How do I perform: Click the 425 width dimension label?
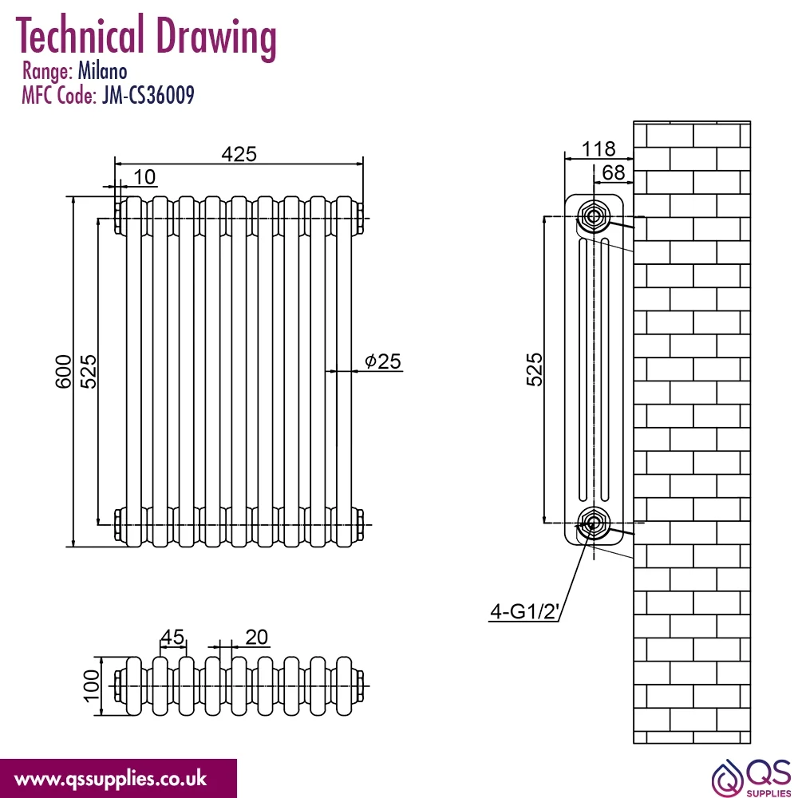[x=239, y=154]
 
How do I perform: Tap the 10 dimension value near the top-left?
[x=144, y=177]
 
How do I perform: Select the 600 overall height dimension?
[x=64, y=372]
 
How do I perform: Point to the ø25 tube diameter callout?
[x=383, y=361]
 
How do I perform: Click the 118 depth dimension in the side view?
[x=598, y=148]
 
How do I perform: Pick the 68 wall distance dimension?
[x=613, y=172]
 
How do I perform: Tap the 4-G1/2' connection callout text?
[x=524, y=610]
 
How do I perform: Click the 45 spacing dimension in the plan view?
[x=172, y=637]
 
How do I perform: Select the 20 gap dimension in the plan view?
[x=256, y=637]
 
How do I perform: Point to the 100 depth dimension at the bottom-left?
[x=92, y=685]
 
